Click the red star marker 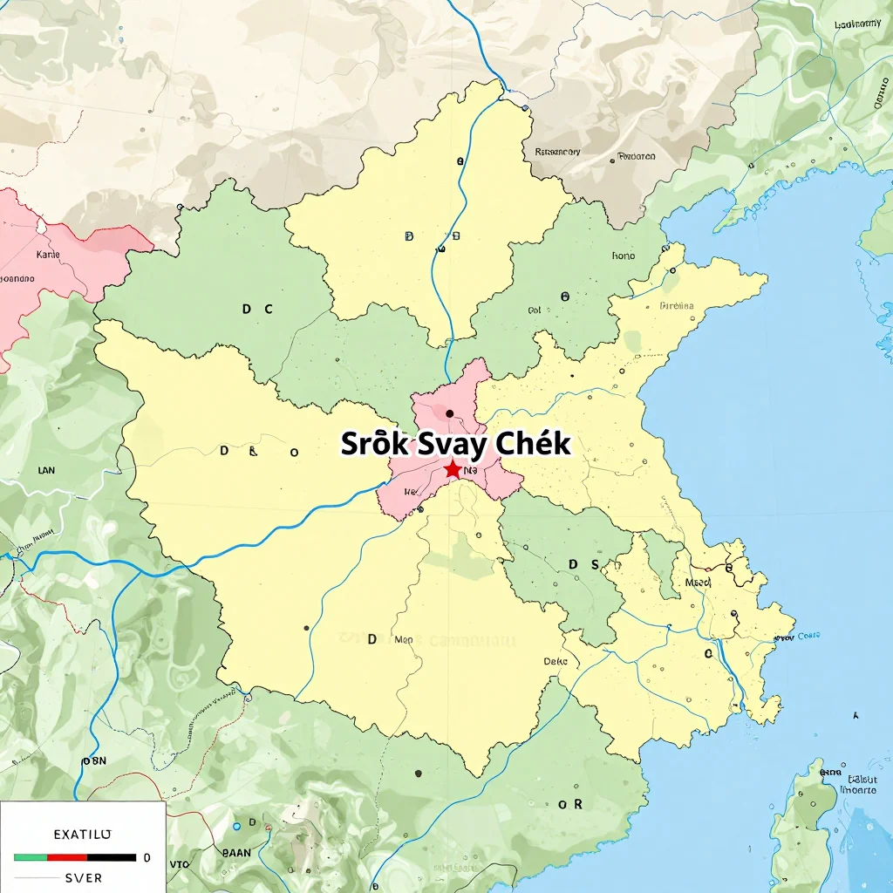click(453, 470)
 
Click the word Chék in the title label click(533, 444)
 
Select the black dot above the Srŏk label click(449, 413)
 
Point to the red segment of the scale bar click(67, 857)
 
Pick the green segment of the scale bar click(31, 857)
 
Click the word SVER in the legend click(84, 877)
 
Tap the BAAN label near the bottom click(237, 853)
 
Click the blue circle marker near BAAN click(236, 826)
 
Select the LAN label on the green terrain click(46, 470)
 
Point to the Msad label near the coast click(699, 583)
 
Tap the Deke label click(556, 661)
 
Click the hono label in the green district click(624, 256)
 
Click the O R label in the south click(569, 805)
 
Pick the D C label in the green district click(257, 309)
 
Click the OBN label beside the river click(93, 760)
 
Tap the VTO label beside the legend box click(179, 864)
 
